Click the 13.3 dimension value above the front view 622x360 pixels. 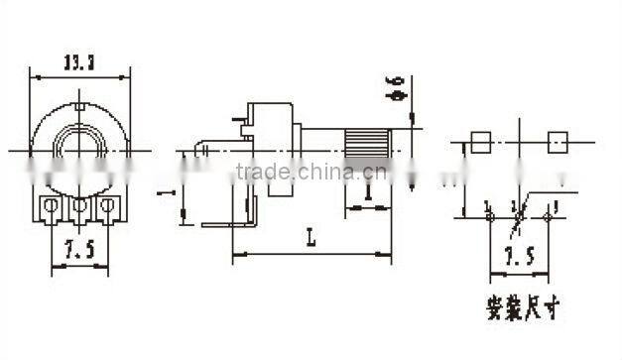click(x=79, y=60)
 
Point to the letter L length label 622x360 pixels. click(x=311, y=238)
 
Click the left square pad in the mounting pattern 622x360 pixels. click(x=482, y=142)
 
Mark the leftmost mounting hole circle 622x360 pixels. click(x=489, y=216)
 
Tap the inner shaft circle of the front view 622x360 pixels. click(x=78, y=149)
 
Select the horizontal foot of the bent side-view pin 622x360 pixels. click(x=224, y=225)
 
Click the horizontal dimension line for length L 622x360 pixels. click(x=311, y=255)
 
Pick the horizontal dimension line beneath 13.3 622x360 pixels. click(x=79, y=76)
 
